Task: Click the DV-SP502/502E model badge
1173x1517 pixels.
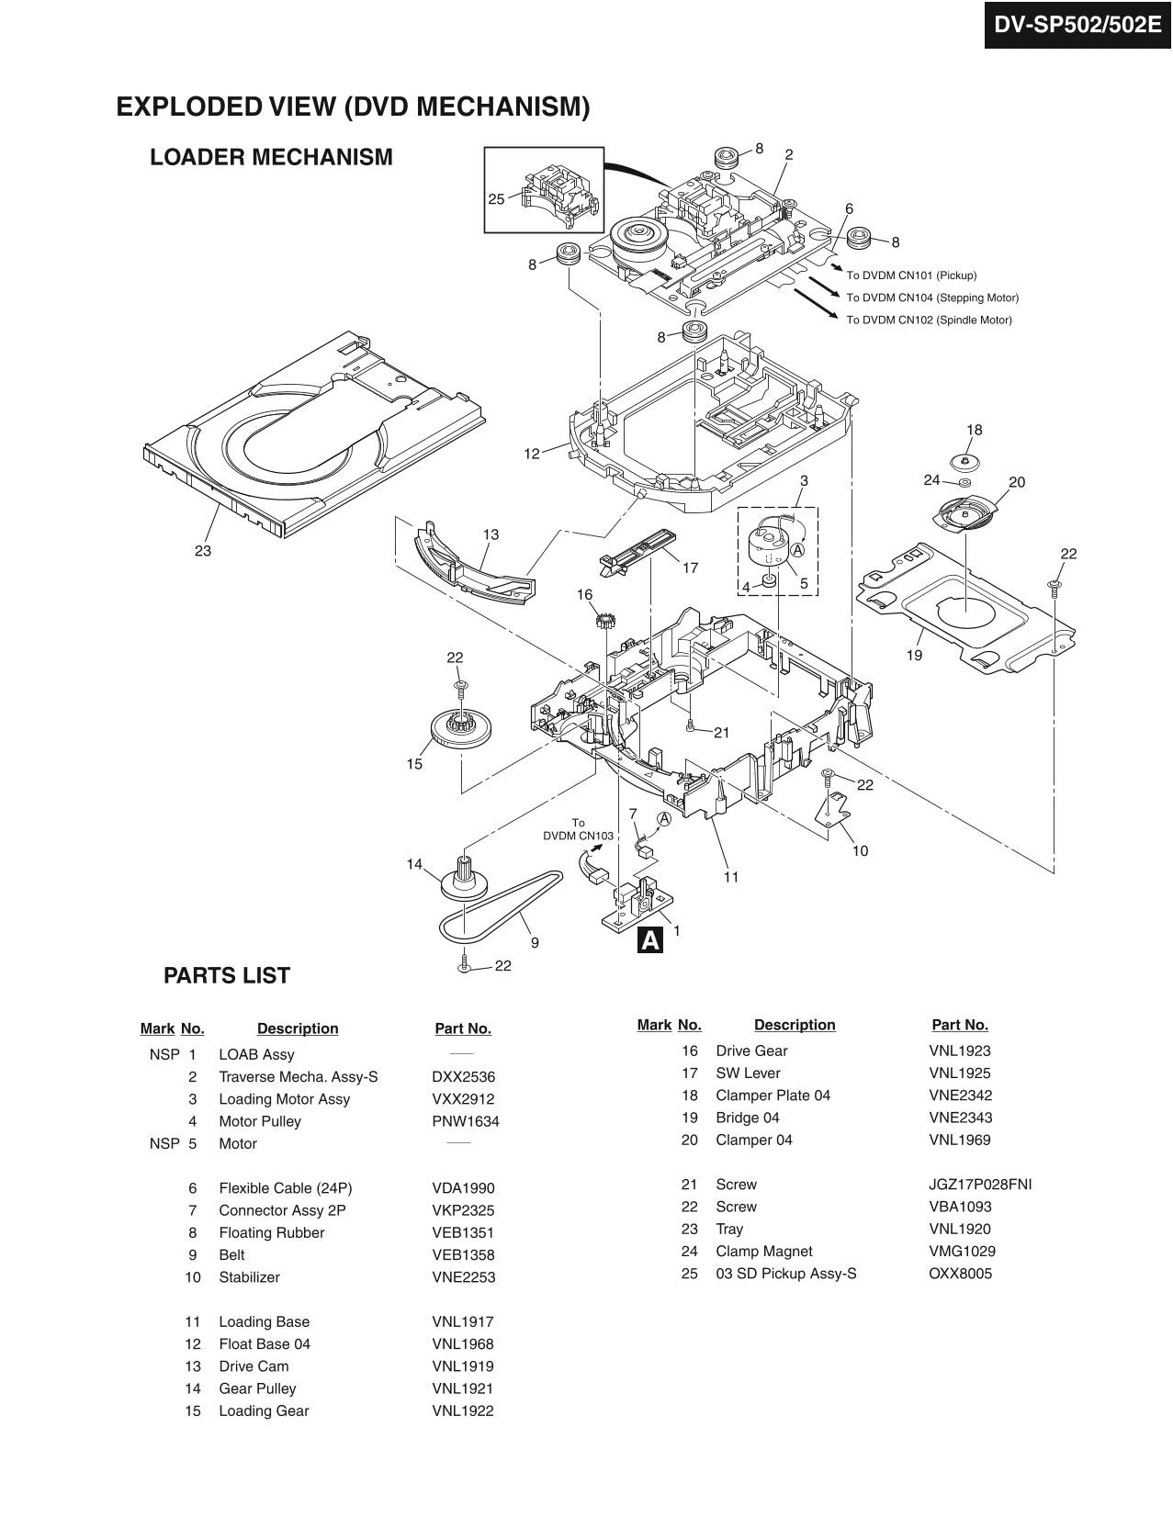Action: click(1077, 25)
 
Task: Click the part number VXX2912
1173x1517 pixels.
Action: click(463, 1099)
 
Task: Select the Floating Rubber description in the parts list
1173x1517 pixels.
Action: click(271, 1232)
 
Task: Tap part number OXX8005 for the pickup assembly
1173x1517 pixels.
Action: click(960, 1274)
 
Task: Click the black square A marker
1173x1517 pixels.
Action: click(650, 940)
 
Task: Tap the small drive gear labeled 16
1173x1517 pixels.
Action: click(603, 620)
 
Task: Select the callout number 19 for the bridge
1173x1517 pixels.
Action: click(914, 655)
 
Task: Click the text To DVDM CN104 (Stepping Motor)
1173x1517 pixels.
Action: click(932, 298)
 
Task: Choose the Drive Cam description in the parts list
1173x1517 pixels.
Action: click(254, 1366)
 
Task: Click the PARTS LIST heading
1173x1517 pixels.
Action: click(227, 975)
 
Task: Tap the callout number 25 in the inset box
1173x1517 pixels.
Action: click(496, 199)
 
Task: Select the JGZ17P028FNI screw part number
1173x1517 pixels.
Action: click(980, 1185)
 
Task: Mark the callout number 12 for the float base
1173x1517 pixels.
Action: click(532, 454)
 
